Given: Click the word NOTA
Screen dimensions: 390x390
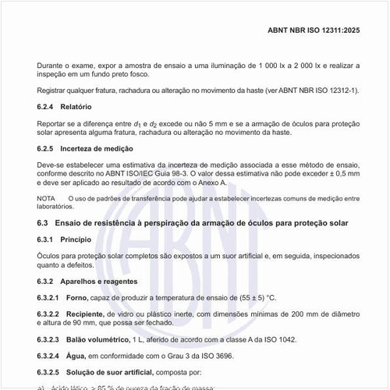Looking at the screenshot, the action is (x=46, y=199).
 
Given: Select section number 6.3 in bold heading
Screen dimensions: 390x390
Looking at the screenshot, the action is (x=43, y=223).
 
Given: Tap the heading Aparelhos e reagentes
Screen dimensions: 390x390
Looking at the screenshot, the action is (x=97, y=281).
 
